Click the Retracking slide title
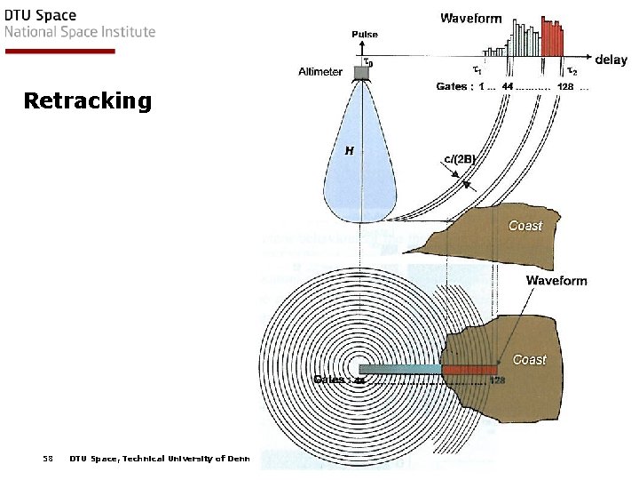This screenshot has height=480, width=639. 88,100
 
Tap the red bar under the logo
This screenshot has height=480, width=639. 59,51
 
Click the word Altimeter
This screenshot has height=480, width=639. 319,72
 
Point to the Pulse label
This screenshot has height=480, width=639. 364,35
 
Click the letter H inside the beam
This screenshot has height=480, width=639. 350,151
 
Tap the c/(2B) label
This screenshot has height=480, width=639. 460,160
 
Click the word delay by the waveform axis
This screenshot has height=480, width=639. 611,60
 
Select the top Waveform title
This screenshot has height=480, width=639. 471,18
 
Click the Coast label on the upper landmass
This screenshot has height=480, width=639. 525,226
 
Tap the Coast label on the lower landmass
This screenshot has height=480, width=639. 529,359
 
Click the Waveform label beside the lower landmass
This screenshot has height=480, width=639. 556,281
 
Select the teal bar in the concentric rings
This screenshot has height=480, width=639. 399,369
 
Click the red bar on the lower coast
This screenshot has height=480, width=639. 469,369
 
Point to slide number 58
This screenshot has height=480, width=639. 48,459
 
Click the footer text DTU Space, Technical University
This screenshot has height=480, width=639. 160,459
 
